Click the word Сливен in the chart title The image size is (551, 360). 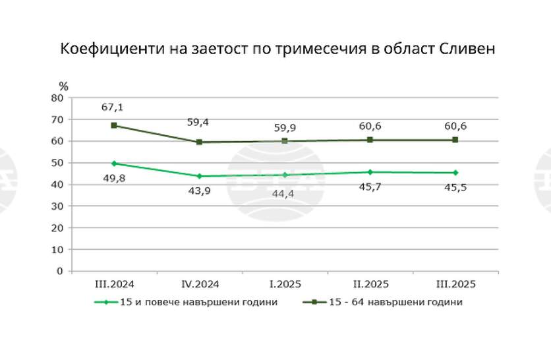(463, 50)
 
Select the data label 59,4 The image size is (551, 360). (199, 123)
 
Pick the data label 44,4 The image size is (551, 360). (285, 193)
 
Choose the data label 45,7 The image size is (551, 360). (370, 189)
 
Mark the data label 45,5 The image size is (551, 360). (455, 189)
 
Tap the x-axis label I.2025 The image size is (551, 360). (285, 284)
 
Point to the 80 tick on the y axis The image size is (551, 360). (57, 98)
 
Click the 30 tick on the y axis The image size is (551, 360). (57, 206)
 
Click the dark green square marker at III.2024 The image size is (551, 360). (114, 125)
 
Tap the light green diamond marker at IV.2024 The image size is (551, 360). (199, 176)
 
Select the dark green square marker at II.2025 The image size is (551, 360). (370, 140)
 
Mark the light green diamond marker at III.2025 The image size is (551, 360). (455, 173)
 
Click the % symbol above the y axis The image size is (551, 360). (63, 86)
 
